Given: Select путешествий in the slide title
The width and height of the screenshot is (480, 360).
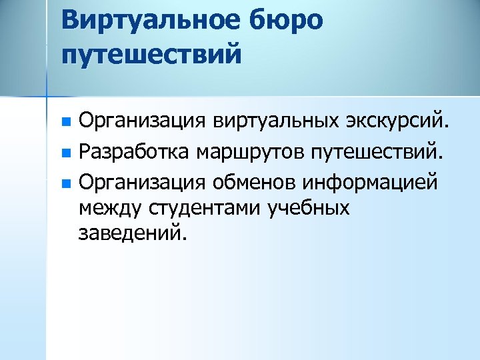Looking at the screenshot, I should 149,53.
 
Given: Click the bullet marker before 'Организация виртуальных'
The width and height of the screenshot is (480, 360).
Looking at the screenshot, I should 65,123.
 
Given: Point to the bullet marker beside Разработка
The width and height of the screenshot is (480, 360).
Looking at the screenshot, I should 65,153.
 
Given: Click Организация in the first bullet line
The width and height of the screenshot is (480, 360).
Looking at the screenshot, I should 141,122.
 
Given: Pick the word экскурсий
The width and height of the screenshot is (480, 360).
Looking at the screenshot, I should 399,122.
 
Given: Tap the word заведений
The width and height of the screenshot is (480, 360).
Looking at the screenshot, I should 128,235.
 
